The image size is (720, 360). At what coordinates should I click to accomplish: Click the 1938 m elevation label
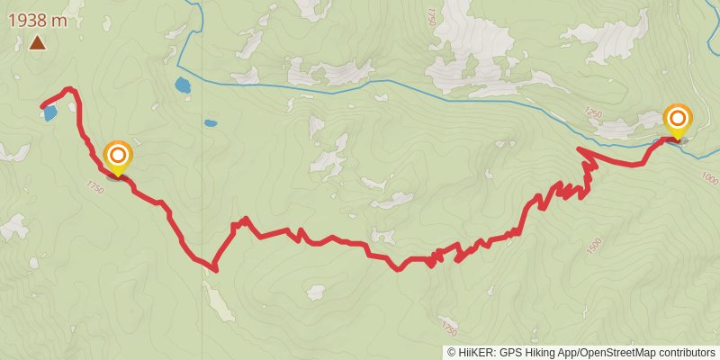tap(38, 19)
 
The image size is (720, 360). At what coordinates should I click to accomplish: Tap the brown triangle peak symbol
tap(38, 41)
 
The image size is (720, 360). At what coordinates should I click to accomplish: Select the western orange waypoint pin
tap(117, 157)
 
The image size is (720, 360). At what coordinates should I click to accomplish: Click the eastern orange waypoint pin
tap(677, 120)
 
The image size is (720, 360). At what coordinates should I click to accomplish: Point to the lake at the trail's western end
tap(50, 113)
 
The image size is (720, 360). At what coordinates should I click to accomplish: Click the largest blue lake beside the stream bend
tap(184, 86)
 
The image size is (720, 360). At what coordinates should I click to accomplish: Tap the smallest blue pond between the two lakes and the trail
tap(211, 123)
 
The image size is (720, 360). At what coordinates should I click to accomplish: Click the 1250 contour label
tap(591, 112)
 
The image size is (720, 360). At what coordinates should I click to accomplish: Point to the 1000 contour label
tap(709, 181)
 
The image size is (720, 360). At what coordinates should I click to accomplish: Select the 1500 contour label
tap(593, 245)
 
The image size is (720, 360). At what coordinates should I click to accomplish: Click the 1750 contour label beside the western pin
tap(95, 187)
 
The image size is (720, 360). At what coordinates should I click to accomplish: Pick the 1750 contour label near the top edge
tap(431, 15)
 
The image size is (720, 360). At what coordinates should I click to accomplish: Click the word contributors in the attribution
tap(685, 352)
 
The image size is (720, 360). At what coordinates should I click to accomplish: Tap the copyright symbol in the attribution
tap(452, 352)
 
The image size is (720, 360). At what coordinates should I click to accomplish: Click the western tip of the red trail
tap(43, 107)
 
